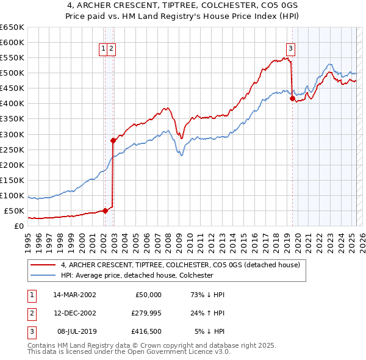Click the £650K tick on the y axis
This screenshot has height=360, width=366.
12,27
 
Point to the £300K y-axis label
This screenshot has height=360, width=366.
12,134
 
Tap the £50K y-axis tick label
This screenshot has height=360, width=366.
15,211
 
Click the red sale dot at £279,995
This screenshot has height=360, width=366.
113,140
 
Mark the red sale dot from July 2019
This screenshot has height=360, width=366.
292,98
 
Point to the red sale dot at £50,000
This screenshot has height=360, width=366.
105,211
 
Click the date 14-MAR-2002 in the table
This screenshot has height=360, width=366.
74,295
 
